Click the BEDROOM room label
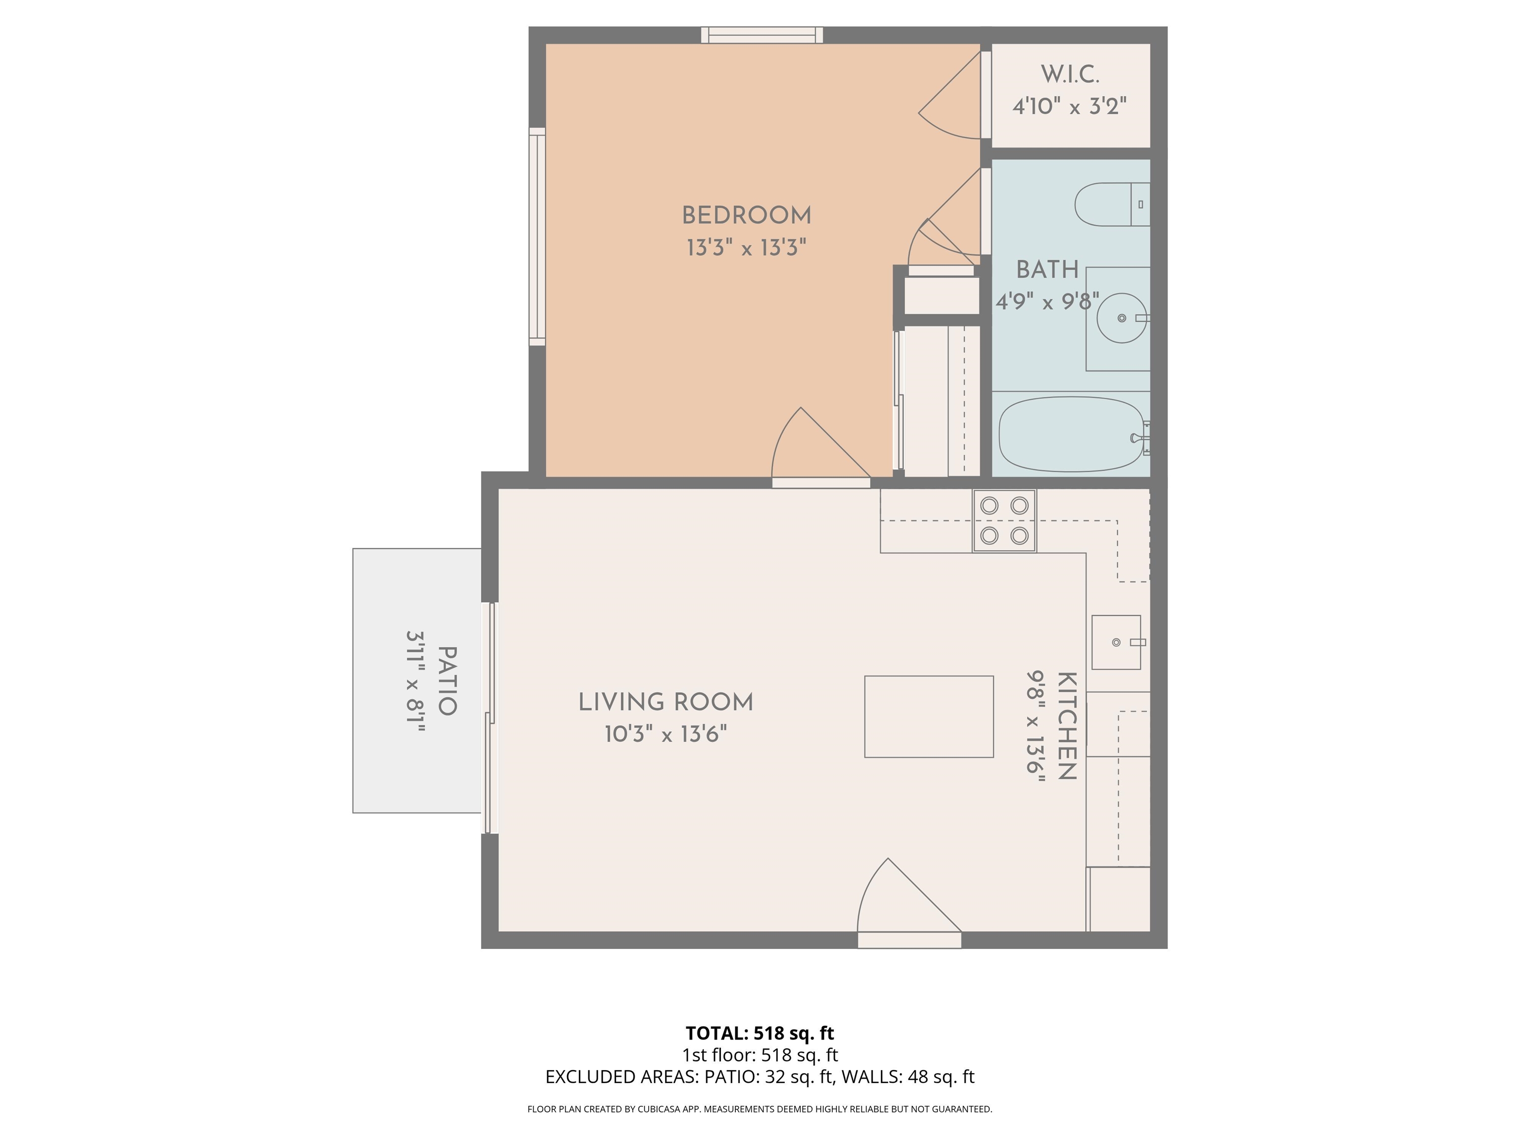pos(746,216)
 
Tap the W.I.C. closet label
pos(1069,74)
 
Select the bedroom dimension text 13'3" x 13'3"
pos(746,247)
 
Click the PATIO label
pos(447,680)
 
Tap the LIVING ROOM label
pos(665,702)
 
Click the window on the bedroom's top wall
pos(761,35)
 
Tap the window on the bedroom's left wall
pos(537,237)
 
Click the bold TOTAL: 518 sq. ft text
pos(760,1033)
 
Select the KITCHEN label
pos(1066,726)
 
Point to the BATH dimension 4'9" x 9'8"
pos(1046,302)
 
